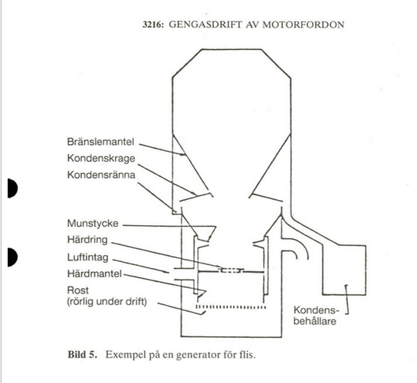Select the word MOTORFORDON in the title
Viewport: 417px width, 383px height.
[304, 25]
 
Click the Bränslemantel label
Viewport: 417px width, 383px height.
[100, 142]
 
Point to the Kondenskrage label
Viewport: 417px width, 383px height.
[101, 159]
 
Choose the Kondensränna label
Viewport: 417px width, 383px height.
[101, 175]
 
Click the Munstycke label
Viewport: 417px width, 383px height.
[93, 223]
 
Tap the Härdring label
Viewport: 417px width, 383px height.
[87, 240]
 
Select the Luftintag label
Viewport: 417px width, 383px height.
[87, 257]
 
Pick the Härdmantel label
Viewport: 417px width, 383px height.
[94, 273]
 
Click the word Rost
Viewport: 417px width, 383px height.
[77, 290]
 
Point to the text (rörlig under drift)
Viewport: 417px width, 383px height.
[107, 302]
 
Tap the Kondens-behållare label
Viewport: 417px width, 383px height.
[316, 316]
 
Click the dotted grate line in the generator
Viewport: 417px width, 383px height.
[231, 307]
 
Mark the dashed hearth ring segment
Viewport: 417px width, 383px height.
[231, 270]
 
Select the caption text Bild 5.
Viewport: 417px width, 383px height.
[83, 355]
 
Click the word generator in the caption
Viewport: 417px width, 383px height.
[198, 355]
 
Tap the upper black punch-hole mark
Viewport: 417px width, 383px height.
[12, 188]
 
